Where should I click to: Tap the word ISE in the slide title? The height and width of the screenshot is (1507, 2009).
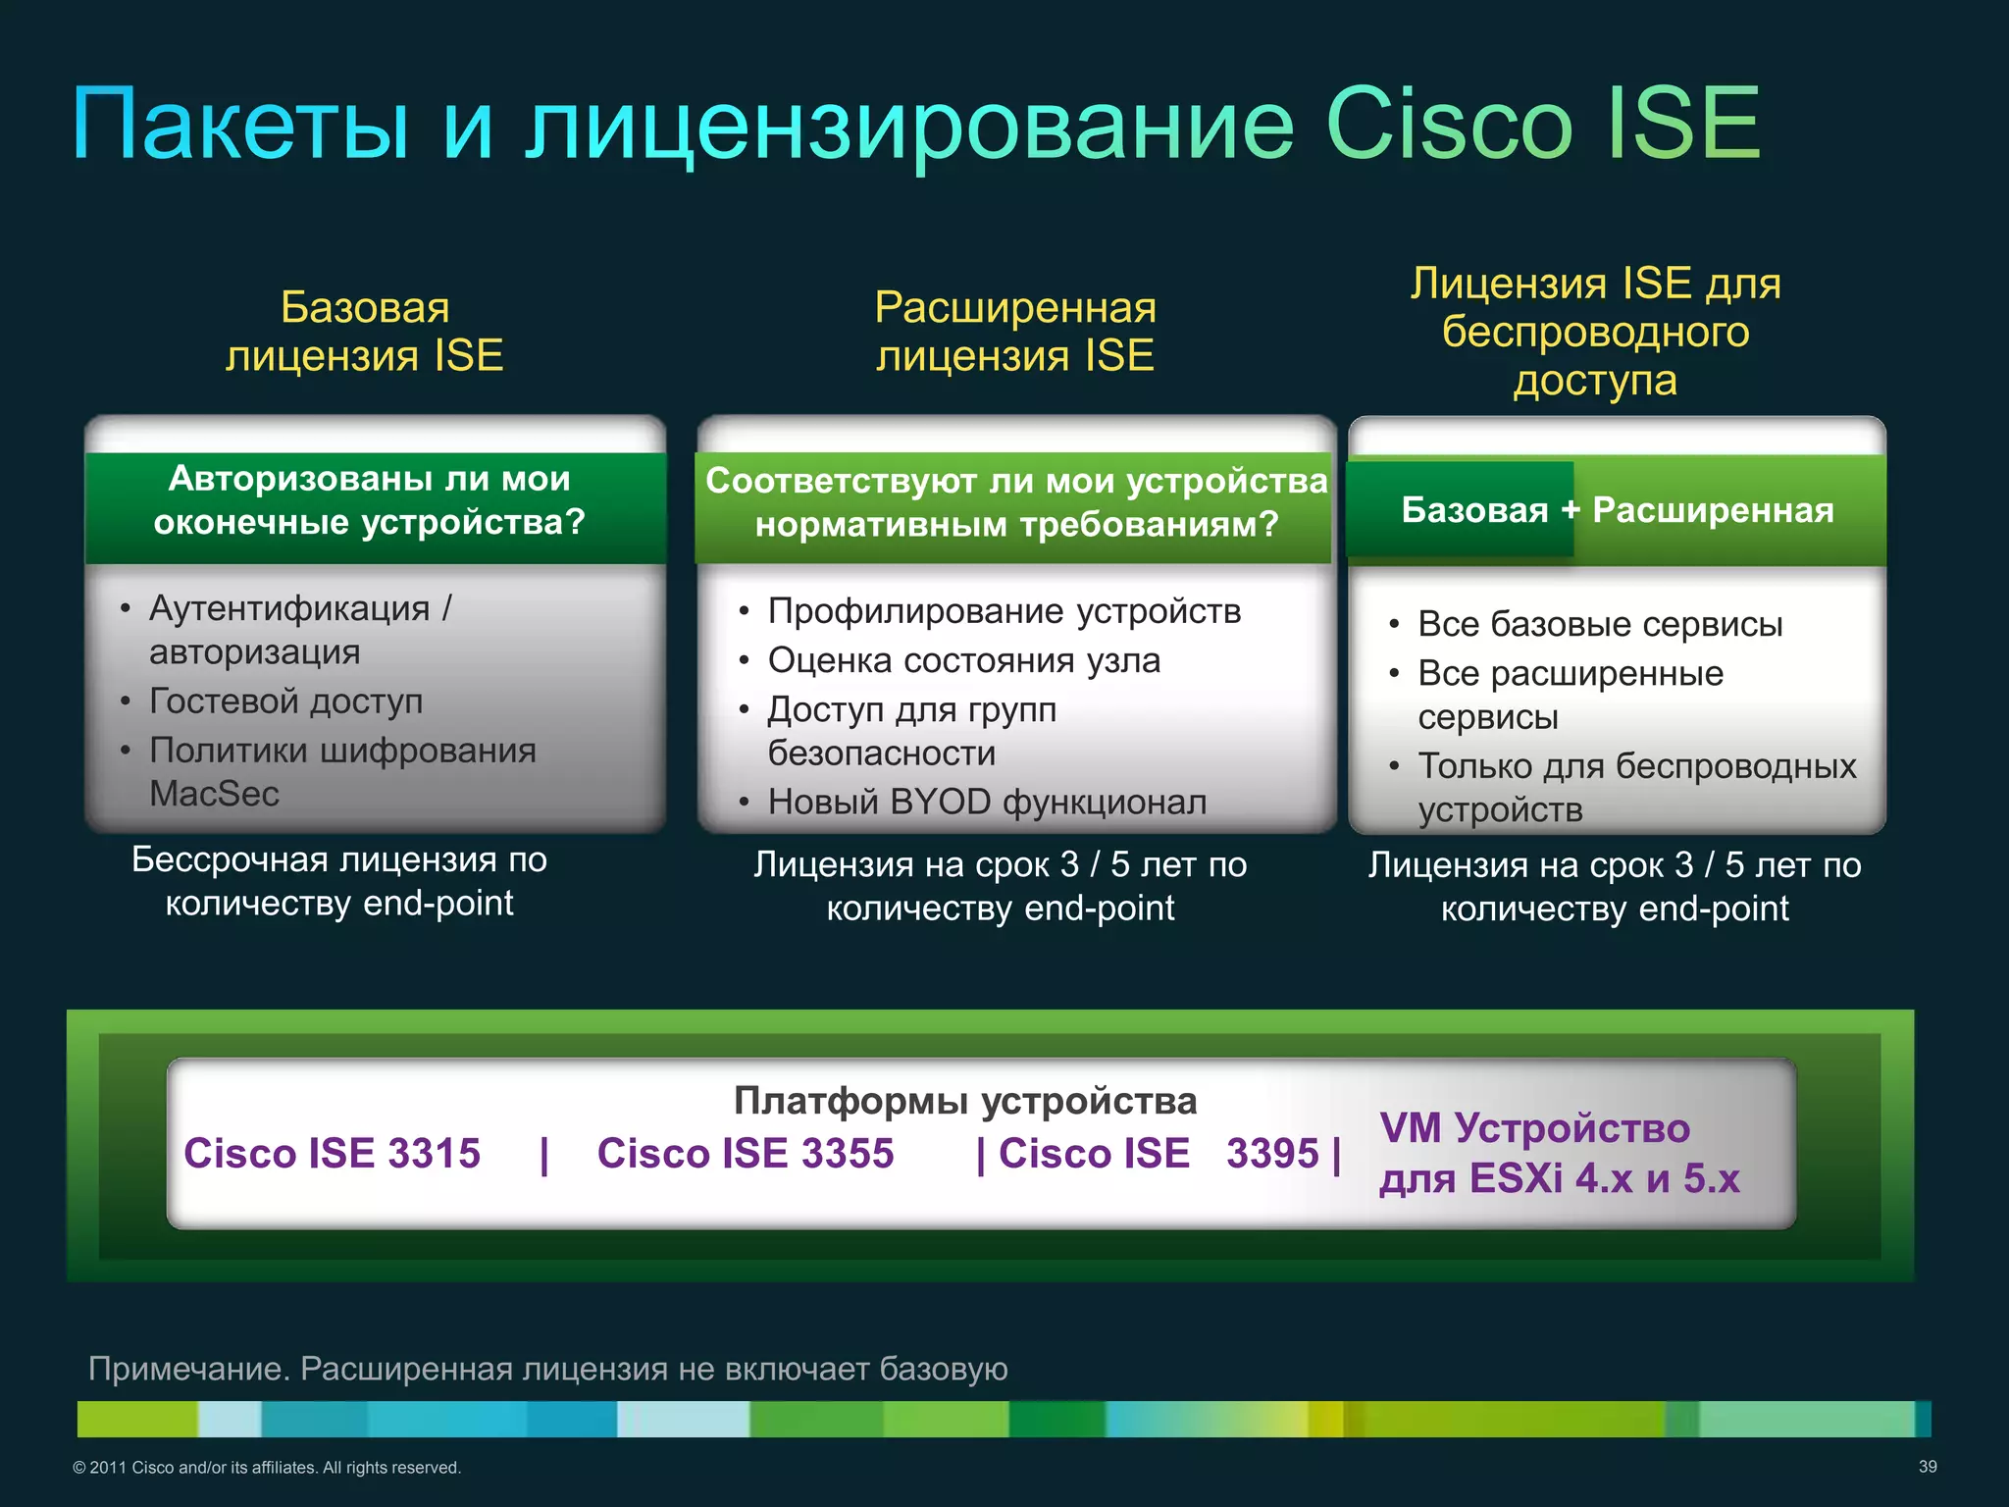1683,125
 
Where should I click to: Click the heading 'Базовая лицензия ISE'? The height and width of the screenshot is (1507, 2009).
365,332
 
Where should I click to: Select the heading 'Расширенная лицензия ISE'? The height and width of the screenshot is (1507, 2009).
1015,332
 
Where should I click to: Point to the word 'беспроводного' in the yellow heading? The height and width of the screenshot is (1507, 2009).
1595,332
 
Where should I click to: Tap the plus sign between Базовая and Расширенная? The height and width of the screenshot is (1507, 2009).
1571,510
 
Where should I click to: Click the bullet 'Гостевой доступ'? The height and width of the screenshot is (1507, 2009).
285,702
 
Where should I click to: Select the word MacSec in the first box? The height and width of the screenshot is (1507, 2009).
214,794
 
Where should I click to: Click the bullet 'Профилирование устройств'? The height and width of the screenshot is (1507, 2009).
1004,611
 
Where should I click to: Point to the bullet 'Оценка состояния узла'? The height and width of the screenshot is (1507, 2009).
963,660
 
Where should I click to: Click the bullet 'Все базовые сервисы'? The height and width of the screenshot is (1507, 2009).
1599,624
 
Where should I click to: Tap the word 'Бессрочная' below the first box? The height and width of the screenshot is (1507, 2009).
230,859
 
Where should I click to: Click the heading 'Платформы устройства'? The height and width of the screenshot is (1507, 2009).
965,1101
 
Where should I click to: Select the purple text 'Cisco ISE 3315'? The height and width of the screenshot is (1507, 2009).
332,1154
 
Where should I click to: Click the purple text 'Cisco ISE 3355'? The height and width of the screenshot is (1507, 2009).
746,1154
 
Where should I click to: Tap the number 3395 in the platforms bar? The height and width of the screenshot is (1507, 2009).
1272,1154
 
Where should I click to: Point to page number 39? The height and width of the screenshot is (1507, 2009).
1928,1467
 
